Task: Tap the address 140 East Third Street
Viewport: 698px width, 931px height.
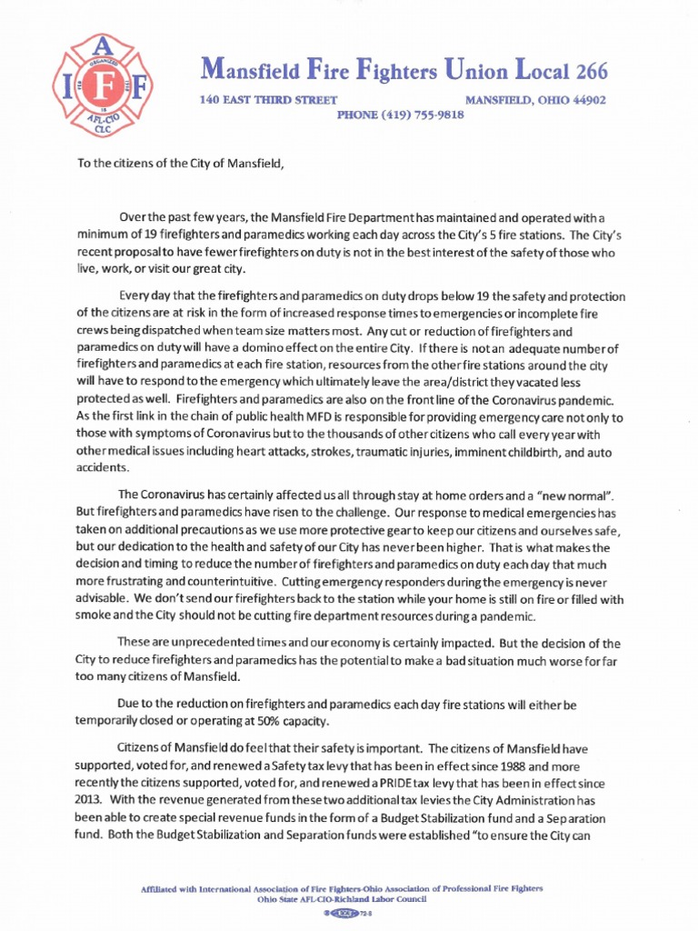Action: tap(268, 100)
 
